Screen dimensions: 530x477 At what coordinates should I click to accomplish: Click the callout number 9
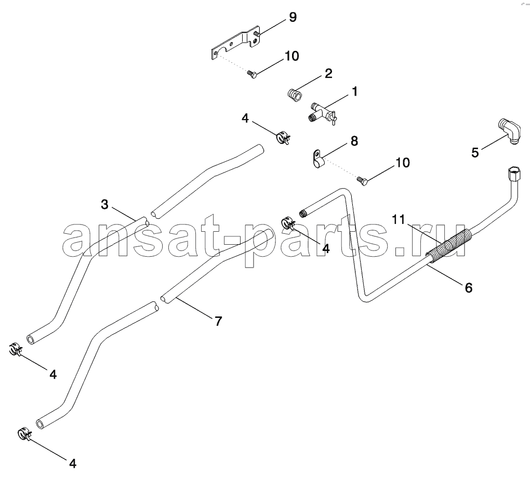click(293, 17)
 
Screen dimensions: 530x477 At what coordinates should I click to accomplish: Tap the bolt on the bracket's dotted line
click(252, 74)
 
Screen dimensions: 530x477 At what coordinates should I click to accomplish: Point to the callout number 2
click(328, 73)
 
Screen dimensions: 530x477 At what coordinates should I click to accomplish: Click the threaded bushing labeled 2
click(295, 95)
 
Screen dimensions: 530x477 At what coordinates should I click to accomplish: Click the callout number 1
click(354, 91)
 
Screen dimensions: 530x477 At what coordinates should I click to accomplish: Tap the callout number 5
click(475, 152)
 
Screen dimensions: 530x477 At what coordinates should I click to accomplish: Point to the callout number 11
click(398, 220)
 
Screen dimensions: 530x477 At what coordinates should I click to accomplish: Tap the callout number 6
click(469, 288)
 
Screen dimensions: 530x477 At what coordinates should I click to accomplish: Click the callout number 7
click(218, 321)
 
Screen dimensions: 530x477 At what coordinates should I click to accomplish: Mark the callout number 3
click(104, 204)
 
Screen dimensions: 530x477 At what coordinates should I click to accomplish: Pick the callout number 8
click(354, 141)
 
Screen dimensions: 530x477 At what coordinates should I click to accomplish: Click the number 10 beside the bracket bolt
click(291, 56)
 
